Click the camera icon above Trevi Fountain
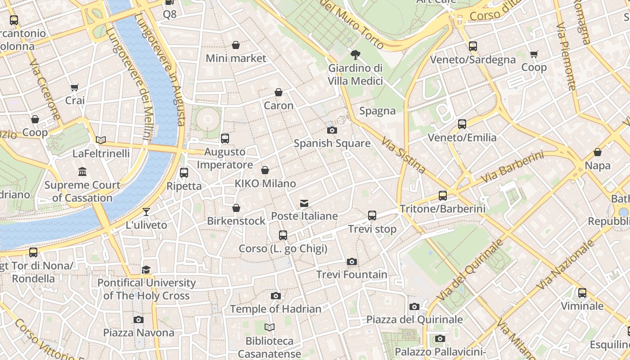tap(352, 261)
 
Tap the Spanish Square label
tap(332, 144)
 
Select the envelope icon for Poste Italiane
tap(305, 203)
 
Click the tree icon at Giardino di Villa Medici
tap(355, 55)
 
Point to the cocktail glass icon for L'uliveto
tap(146, 211)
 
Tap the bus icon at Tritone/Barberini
tap(443, 196)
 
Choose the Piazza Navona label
tap(139, 333)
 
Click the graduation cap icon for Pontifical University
tap(146, 270)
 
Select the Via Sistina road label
tap(403, 156)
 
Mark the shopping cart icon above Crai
tap(75, 87)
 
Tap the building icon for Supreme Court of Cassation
tap(82, 171)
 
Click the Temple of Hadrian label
tap(275, 309)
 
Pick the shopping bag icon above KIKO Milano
tap(265, 170)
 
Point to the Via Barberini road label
tap(512, 167)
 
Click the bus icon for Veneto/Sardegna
tap(472, 46)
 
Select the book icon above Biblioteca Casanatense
tap(270, 327)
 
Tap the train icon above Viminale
tap(582, 293)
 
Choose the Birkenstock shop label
tap(236, 221)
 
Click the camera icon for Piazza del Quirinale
tap(414, 306)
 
